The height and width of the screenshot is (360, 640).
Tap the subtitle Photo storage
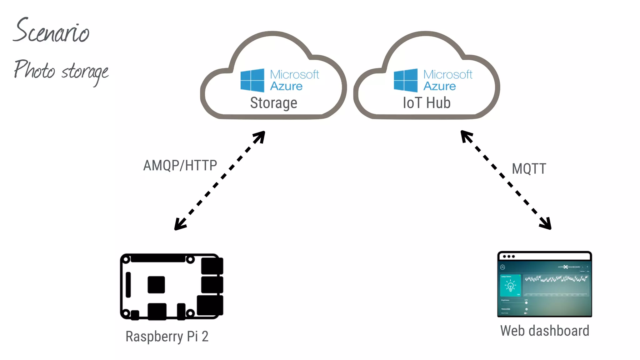click(x=61, y=71)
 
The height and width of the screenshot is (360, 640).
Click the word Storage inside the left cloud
click(x=273, y=103)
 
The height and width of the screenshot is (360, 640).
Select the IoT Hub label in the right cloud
click(x=427, y=103)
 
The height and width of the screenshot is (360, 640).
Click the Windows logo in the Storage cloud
click(x=252, y=80)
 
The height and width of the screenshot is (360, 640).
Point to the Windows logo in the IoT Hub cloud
click(x=406, y=80)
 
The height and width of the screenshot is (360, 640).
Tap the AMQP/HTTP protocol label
click(x=180, y=165)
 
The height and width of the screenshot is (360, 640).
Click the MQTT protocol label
click(x=529, y=169)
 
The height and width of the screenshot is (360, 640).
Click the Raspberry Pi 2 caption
click(x=167, y=337)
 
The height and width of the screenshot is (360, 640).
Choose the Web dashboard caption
click(x=545, y=331)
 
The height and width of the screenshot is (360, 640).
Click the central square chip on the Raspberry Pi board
click(x=156, y=284)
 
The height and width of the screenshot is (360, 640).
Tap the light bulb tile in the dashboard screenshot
click(x=510, y=286)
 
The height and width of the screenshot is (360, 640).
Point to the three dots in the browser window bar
click(x=509, y=257)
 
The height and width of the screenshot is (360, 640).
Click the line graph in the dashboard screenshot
click(x=556, y=279)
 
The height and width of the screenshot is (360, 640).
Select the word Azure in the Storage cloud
click(x=286, y=86)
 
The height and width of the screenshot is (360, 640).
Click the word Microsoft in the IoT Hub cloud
click(x=448, y=74)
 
